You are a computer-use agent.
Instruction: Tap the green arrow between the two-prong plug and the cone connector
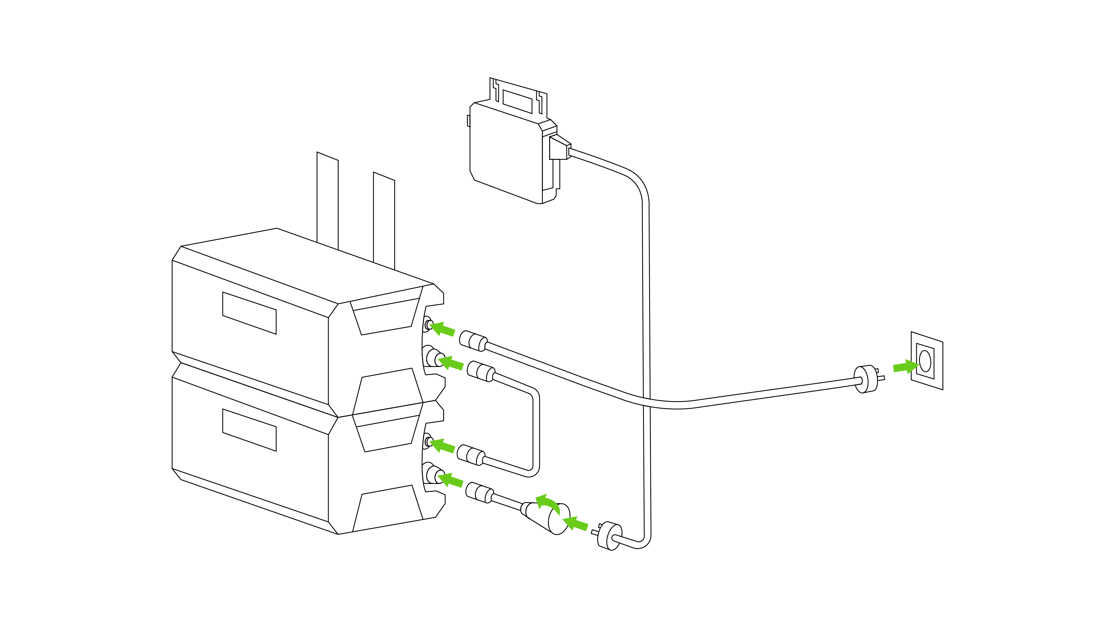click(576, 524)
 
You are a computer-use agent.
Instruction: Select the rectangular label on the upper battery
click(249, 313)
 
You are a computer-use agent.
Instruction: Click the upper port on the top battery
click(428, 324)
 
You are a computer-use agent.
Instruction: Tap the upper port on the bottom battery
click(428, 441)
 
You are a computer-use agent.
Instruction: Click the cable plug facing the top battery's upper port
click(473, 340)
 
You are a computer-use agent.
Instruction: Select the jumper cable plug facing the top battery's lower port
click(481, 371)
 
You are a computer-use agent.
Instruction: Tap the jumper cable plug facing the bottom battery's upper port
click(471, 455)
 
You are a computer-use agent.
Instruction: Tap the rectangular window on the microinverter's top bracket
click(517, 101)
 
